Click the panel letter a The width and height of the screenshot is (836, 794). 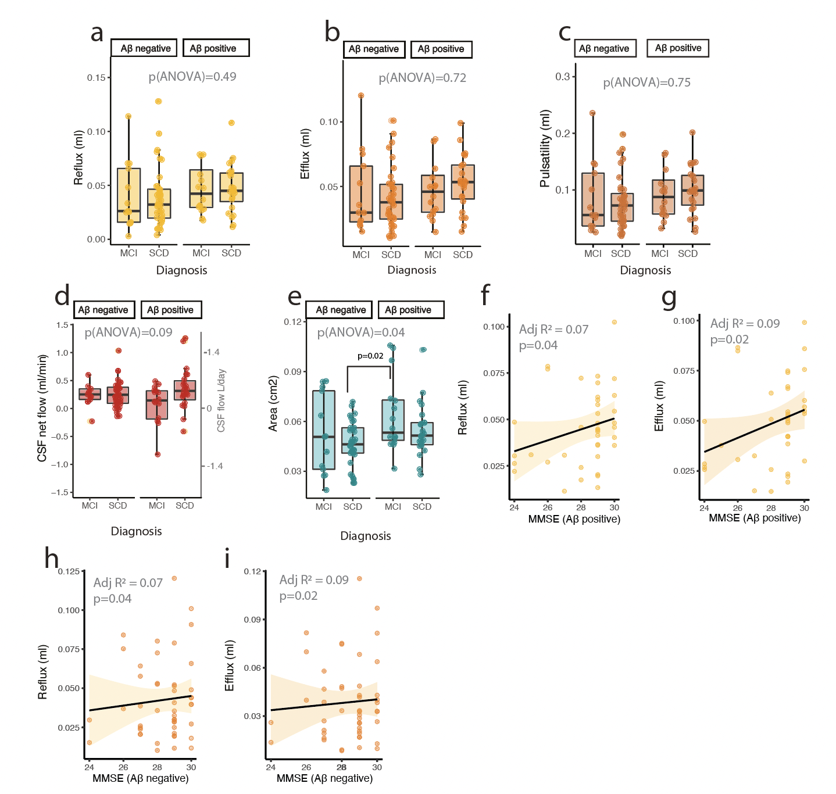coord(97,34)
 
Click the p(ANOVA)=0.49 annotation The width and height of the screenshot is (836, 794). coord(192,77)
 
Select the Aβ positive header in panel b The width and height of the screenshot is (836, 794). coord(441,49)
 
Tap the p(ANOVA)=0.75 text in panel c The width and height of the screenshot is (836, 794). coord(646,83)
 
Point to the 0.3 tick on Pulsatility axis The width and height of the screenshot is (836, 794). coord(563,77)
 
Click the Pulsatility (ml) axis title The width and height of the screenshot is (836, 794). coord(545,148)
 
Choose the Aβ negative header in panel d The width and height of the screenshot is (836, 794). coord(103,310)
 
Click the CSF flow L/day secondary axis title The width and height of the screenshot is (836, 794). coord(221,400)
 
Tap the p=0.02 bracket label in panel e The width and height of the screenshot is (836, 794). coord(370,356)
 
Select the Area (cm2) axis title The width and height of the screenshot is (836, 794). coord(273,403)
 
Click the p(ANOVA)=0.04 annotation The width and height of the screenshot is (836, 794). coord(361,332)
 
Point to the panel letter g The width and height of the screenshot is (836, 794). coord(669,298)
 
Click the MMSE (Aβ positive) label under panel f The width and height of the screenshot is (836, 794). coord(574,519)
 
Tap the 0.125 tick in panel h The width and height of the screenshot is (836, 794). coord(69,572)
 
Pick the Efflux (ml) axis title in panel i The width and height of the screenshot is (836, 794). coord(230,666)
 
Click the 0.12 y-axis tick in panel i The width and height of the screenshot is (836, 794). coord(252,572)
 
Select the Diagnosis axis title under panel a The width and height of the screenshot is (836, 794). coord(181,270)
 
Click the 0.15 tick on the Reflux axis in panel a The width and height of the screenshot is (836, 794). coord(97,78)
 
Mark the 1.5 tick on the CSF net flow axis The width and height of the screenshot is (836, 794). coord(62,325)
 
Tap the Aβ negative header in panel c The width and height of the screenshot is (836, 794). coord(604,49)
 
